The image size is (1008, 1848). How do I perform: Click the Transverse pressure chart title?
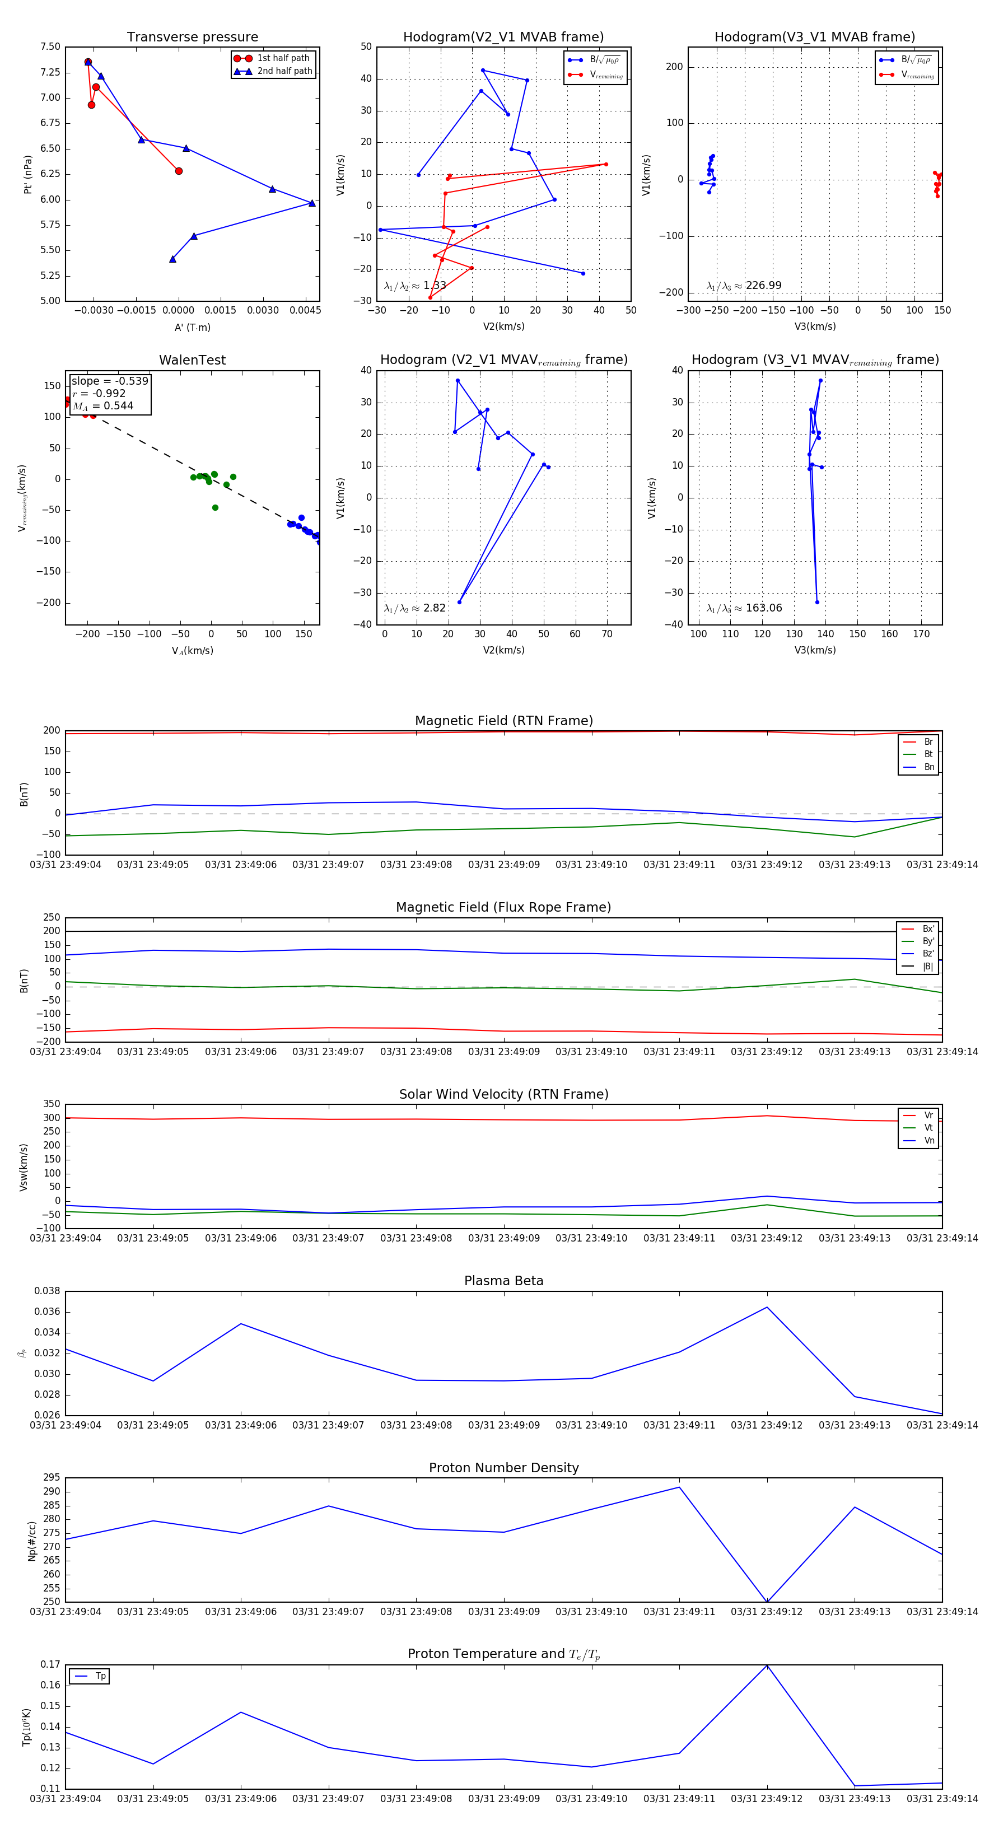192,38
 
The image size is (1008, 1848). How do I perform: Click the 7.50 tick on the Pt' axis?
50,46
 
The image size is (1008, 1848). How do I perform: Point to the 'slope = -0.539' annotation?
110,381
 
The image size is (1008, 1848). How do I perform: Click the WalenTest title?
192,360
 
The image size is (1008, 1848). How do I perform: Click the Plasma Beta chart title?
503,1281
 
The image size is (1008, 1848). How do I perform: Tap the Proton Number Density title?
503,1468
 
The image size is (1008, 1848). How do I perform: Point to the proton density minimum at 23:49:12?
767,1601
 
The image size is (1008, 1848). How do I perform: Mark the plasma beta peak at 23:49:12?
767,1307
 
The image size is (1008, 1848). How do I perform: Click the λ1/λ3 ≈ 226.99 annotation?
744,286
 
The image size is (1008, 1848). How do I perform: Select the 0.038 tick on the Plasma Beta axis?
48,1291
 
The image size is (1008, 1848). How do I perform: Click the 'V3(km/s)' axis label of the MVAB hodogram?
815,326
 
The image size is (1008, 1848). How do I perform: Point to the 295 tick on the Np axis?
52,1478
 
